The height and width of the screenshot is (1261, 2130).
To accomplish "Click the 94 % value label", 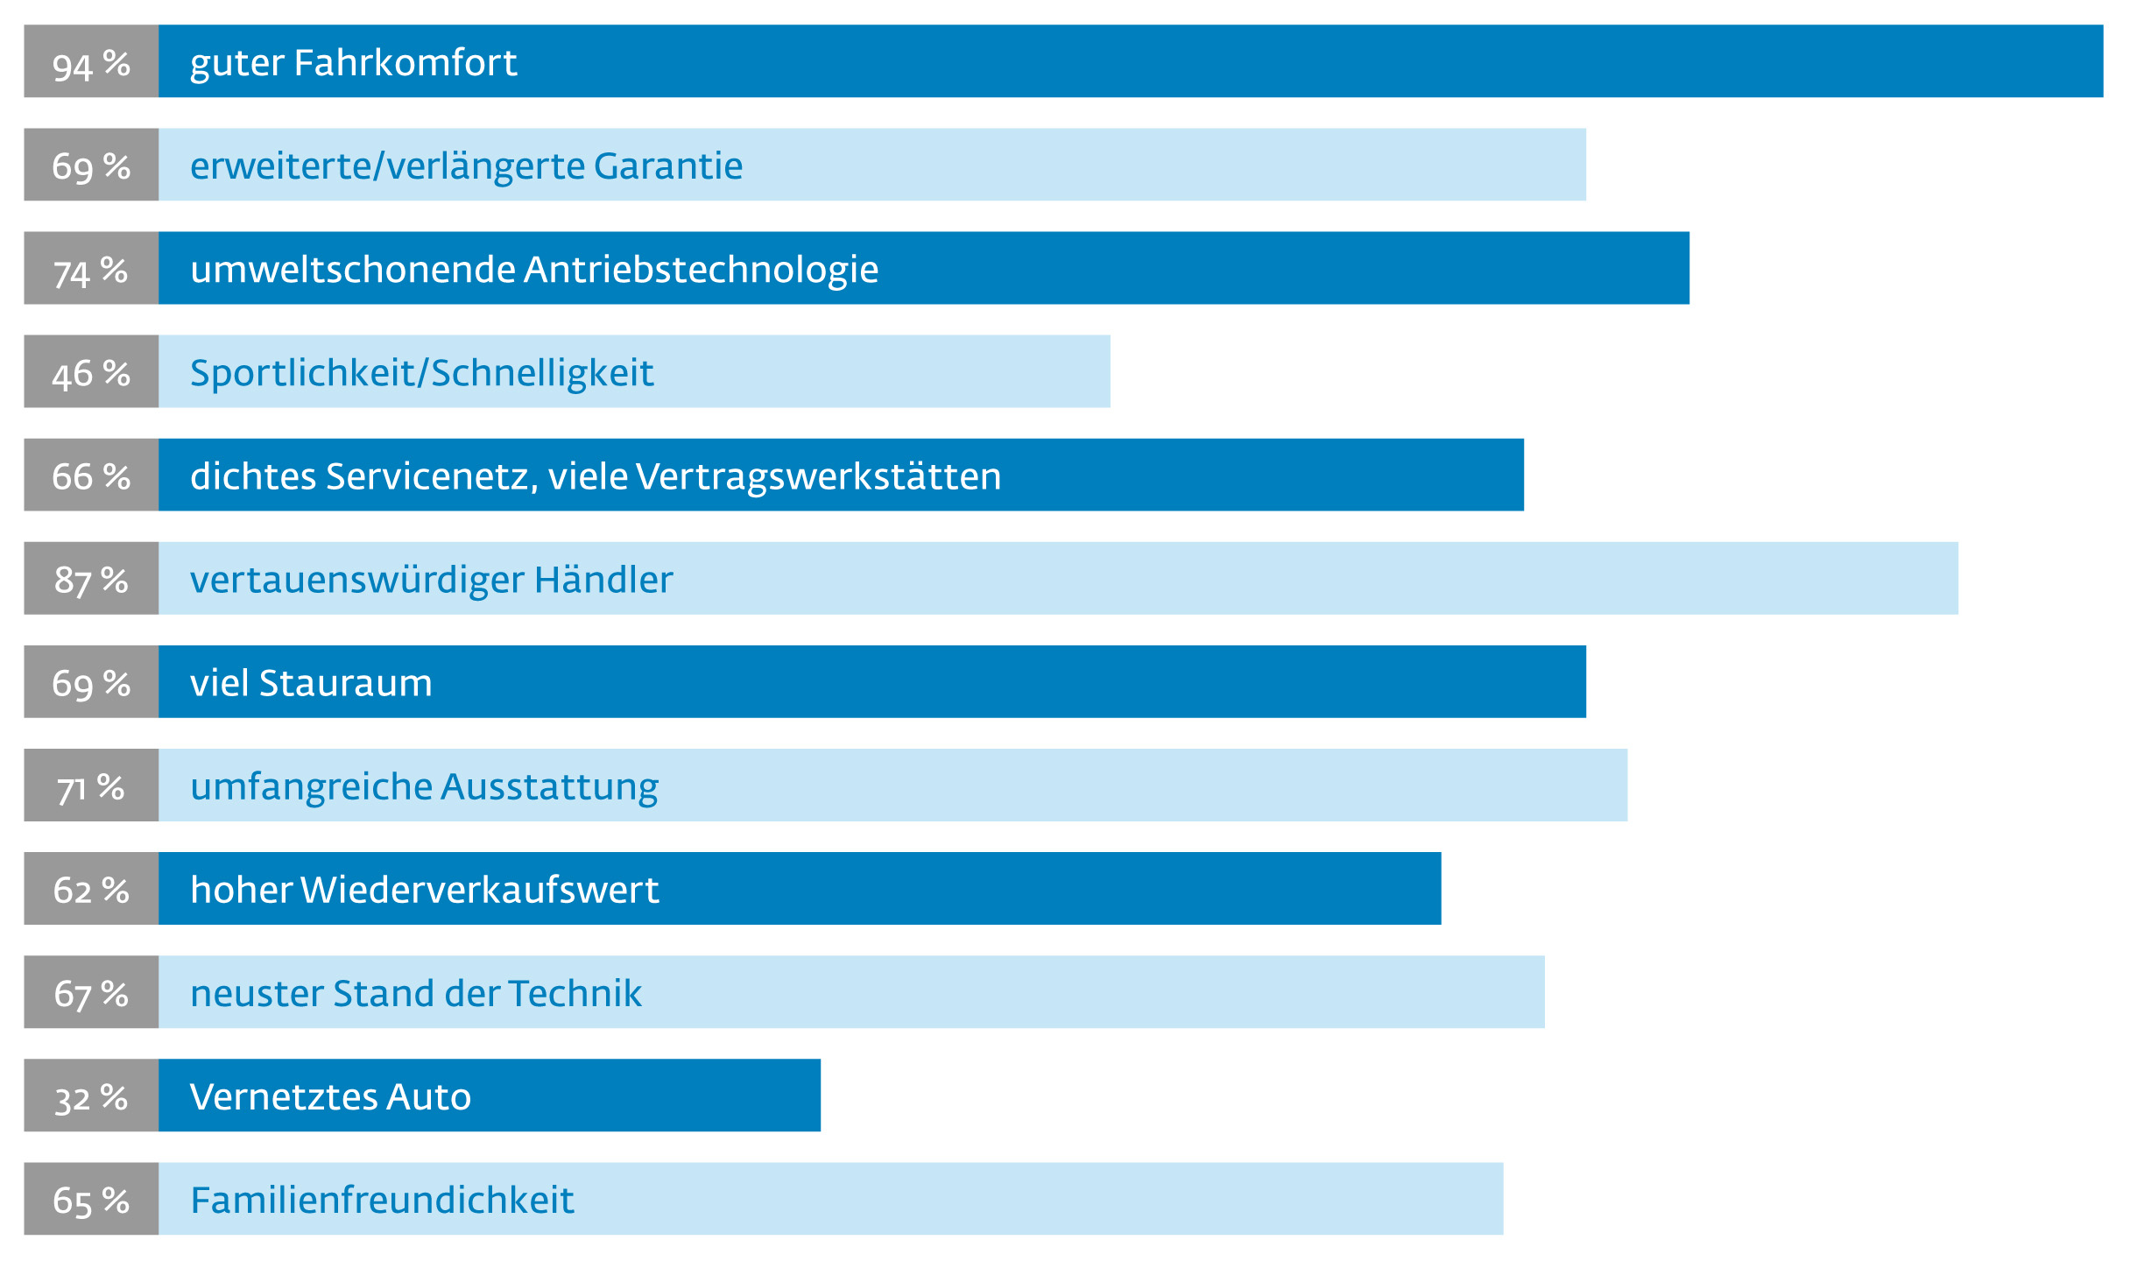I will [91, 64].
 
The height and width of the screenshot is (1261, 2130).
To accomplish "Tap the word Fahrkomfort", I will [406, 63].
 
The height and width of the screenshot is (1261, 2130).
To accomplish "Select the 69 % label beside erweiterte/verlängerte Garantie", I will [91, 166].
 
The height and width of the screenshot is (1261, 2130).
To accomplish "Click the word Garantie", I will [668, 166].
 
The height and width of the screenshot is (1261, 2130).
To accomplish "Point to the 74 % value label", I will [91, 270].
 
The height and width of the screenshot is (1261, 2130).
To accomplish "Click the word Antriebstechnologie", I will [702, 270].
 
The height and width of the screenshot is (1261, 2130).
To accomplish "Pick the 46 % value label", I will [91, 373].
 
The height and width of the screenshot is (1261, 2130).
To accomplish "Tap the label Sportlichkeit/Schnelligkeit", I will [421, 373].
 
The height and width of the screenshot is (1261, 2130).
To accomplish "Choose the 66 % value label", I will [91, 476].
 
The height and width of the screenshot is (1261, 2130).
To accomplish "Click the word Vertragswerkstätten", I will [819, 476].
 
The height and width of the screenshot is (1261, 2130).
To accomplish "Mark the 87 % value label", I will [91, 580].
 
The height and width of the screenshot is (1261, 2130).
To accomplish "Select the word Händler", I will [603, 580].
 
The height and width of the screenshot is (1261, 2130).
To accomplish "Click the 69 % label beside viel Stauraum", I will [91, 683].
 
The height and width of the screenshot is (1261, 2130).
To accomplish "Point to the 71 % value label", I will [91, 786].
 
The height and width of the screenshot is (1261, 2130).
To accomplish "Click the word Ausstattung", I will [550, 786].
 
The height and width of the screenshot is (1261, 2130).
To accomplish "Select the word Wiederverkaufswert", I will [480, 890].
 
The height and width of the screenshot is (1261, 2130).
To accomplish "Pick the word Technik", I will [575, 993].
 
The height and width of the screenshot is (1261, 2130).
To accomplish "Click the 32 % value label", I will [91, 1096].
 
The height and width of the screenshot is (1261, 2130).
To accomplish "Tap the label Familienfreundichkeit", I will [382, 1200].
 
